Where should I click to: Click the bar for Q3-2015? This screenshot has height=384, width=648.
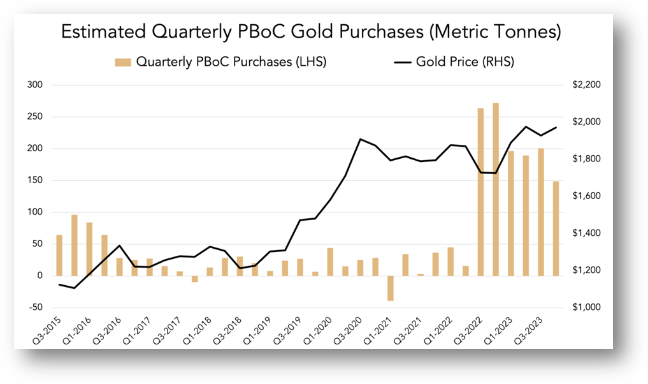click(59, 255)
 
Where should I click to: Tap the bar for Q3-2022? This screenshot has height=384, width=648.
click(480, 191)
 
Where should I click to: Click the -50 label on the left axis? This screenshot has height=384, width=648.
click(35, 307)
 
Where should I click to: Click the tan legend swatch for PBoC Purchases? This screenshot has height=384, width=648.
click(122, 62)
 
